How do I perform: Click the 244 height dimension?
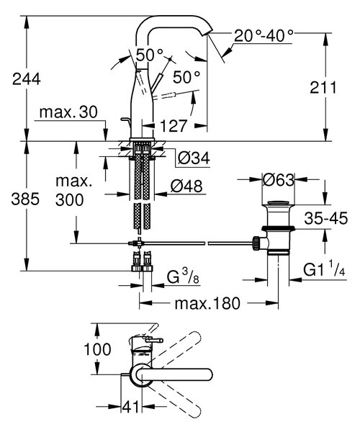(x=27, y=79)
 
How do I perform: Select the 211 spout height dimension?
(x=323, y=88)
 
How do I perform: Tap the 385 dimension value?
(x=25, y=199)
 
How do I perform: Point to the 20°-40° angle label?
(x=264, y=35)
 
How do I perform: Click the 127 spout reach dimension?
(x=174, y=126)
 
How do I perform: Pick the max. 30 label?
(x=68, y=112)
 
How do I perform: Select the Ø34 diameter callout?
(x=194, y=158)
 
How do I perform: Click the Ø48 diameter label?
(x=186, y=186)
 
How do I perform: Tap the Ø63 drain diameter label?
(x=279, y=180)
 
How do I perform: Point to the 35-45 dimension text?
(x=326, y=218)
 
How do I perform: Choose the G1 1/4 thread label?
(x=324, y=270)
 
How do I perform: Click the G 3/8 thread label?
(x=183, y=277)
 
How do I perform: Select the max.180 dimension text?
(x=207, y=303)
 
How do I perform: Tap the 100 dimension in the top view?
(x=97, y=349)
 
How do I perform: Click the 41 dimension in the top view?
(x=131, y=406)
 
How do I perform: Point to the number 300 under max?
(x=69, y=199)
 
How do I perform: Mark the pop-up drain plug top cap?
(x=279, y=203)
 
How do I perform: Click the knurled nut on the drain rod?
(x=256, y=243)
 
